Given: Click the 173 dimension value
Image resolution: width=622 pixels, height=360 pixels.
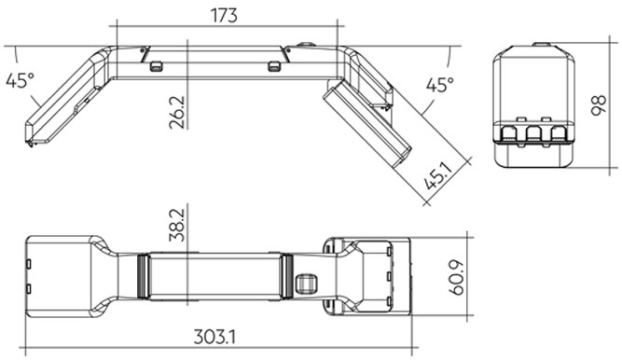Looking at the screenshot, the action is click(x=224, y=16).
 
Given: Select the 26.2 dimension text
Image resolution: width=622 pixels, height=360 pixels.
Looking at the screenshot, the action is click(x=177, y=112).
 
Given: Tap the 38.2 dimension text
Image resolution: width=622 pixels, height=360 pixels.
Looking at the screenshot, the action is click(x=177, y=225).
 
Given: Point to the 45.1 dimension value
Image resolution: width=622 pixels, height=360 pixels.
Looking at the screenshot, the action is click(x=438, y=176).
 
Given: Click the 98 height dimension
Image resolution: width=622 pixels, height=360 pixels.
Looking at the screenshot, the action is click(x=599, y=105).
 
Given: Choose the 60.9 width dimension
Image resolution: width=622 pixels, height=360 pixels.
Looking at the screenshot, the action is click(x=457, y=277).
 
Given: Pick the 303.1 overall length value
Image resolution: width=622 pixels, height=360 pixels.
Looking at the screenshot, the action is click(x=214, y=338).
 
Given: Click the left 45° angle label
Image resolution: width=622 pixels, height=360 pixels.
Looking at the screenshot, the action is click(x=20, y=80).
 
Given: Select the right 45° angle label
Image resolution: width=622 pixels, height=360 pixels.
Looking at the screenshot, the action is click(x=440, y=85).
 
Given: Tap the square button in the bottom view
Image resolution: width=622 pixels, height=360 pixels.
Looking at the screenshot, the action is click(x=306, y=284).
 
